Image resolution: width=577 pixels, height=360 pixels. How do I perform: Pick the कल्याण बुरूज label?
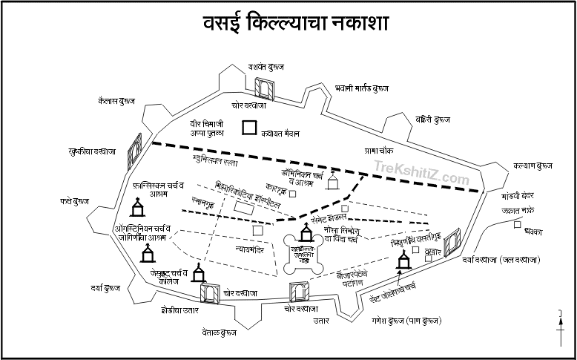533,166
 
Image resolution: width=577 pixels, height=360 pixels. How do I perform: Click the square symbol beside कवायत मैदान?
249,128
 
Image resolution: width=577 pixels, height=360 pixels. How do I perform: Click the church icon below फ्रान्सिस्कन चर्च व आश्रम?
138,209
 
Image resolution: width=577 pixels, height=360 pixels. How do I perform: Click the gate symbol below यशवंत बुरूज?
264,88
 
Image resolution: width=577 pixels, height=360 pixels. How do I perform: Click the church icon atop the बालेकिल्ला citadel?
306,237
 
